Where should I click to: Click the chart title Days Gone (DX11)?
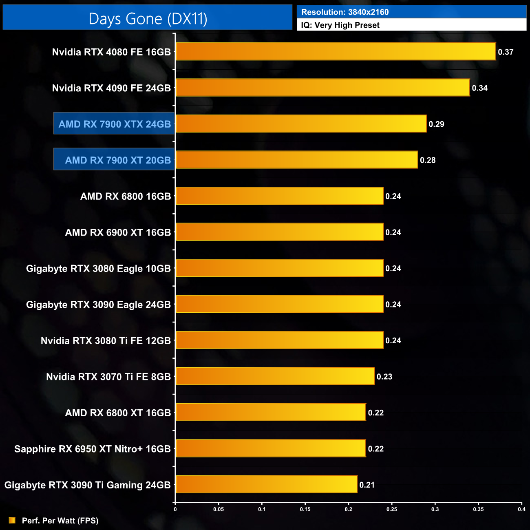pos(148,19)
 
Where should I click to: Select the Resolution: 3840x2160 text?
pos(345,12)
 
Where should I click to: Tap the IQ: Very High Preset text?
pos(340,25)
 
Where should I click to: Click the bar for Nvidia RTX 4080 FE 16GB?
pos(336,52)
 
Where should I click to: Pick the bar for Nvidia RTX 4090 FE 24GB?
pos(322,88)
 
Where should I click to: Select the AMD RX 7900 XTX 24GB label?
pos(115,124)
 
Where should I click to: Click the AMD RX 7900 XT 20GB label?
pos(118,160)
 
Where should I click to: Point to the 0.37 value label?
pos(506,52)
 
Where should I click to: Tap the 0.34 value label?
pos(479,88)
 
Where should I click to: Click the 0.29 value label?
pos(436,124)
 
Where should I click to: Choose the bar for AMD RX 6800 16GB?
pos(279,196)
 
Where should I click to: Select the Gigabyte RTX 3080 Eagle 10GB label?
pos(98,269)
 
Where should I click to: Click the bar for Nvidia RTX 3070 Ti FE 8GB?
pos(275,376)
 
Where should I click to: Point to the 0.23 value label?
pos(384,377)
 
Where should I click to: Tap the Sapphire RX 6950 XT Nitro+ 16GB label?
pos(93,449)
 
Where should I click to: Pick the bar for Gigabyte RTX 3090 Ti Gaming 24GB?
pos(266,485)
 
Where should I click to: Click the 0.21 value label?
pos(367,485)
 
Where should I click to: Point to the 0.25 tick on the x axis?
pos(392,509)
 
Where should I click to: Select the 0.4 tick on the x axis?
pos(521,509)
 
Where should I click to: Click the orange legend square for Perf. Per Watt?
pos(12,520)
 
